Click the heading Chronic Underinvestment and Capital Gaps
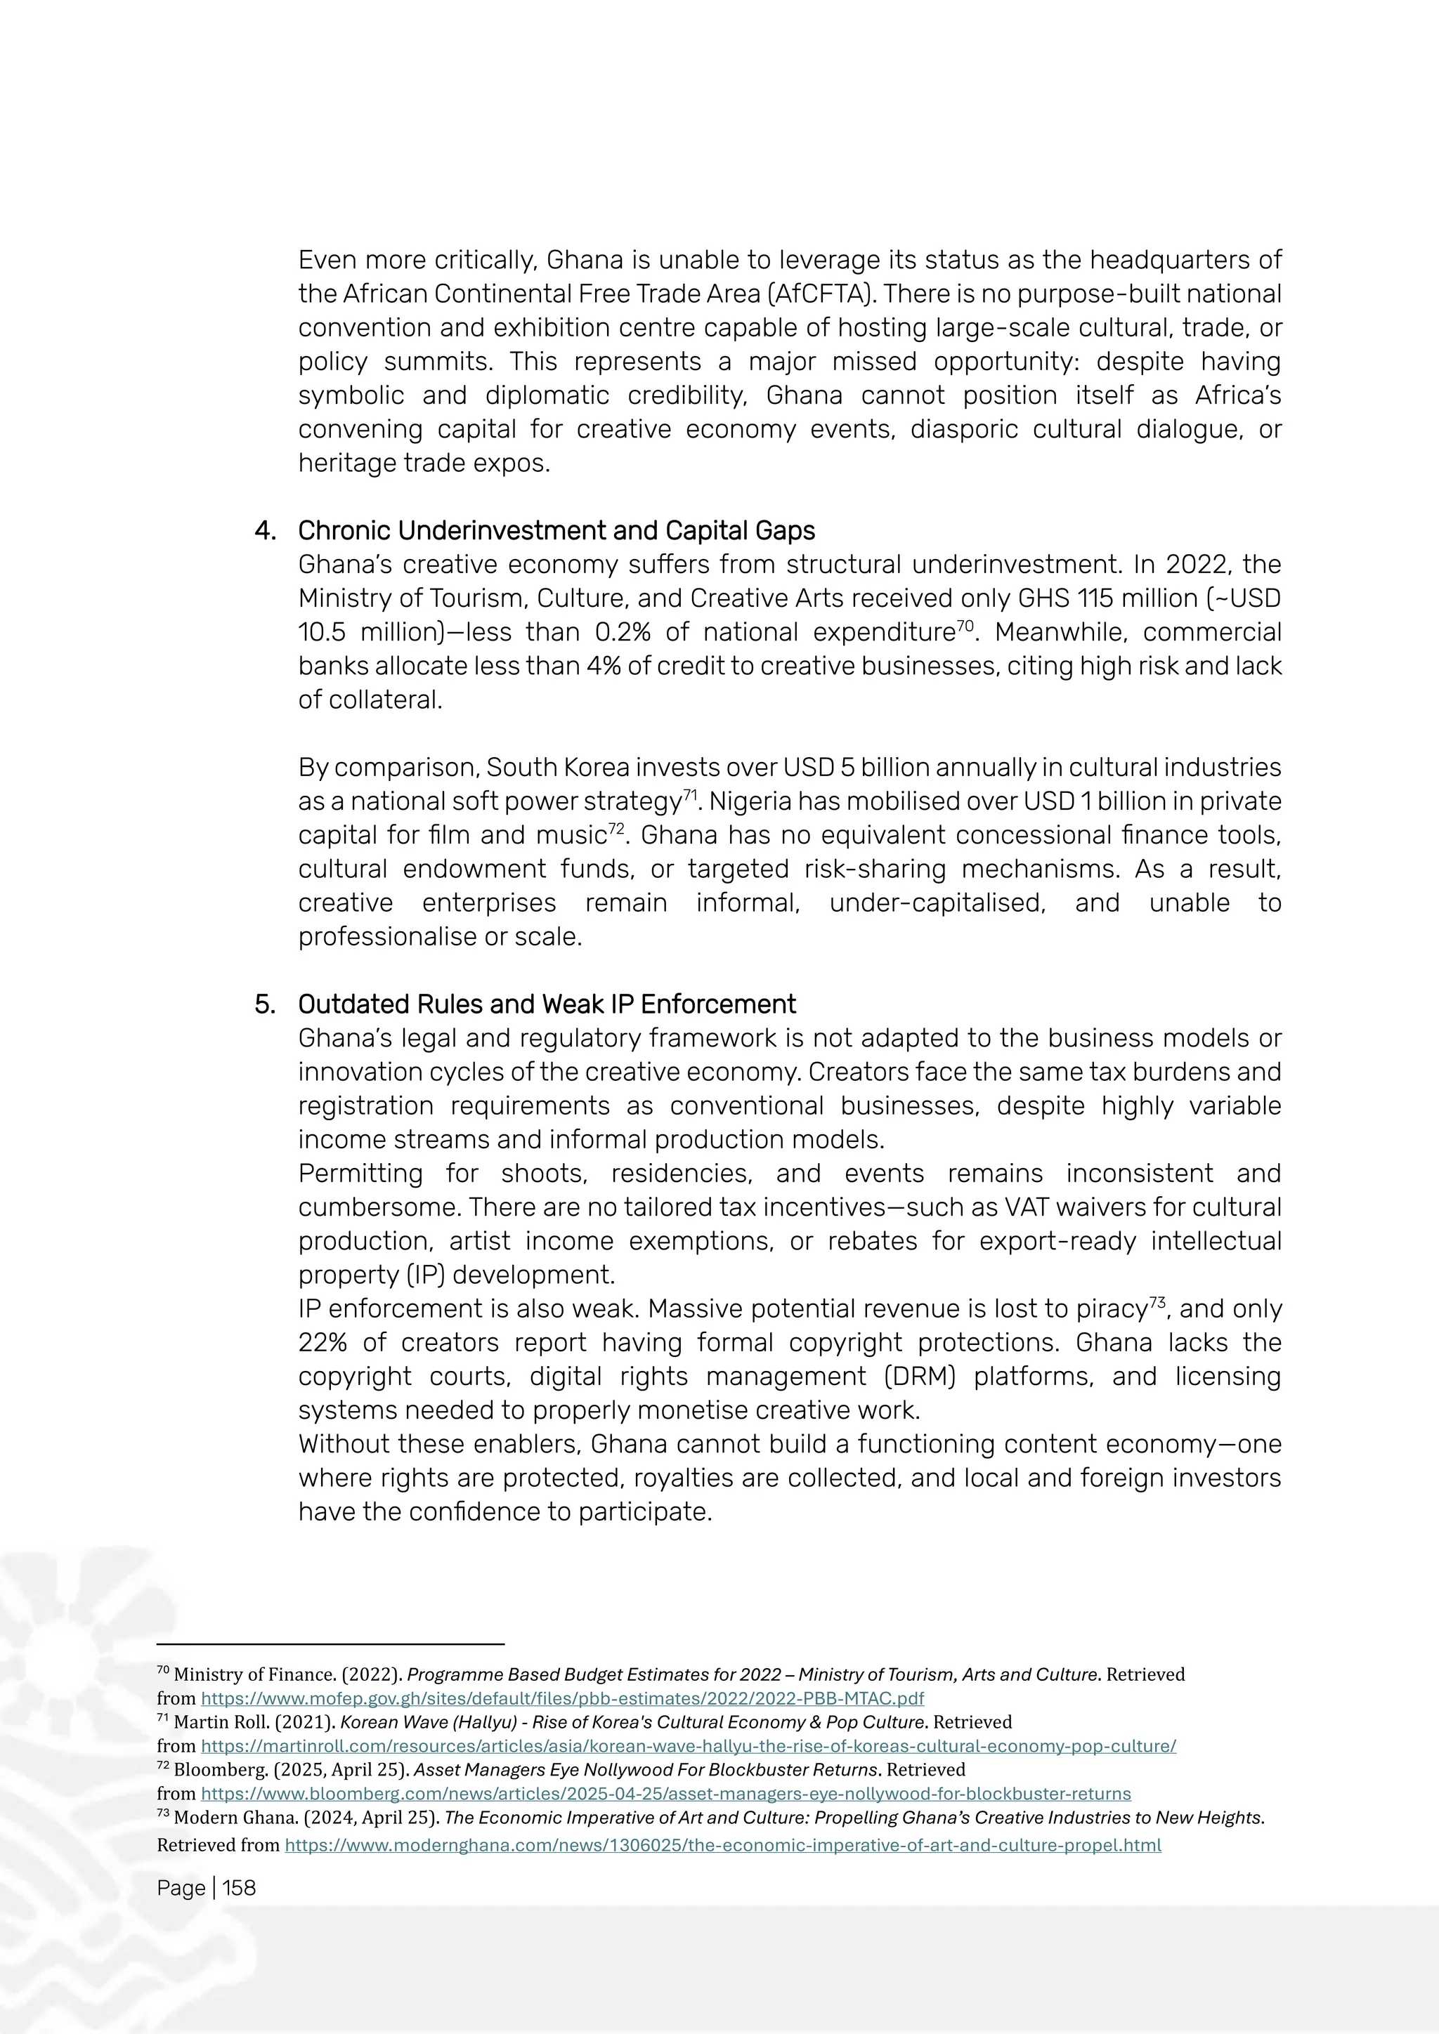pos(556,531)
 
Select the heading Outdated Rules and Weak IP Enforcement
pos(546,1004)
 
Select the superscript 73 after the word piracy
pos(1157,1303)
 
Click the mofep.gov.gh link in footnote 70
pos(562,1698)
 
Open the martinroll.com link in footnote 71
pos(688,1746)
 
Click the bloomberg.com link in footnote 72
pos(665,1794)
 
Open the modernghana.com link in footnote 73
pos(722,1845)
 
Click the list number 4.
pos(264,531)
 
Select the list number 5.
pos(264,1004)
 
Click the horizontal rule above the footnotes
pos(330,1644)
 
